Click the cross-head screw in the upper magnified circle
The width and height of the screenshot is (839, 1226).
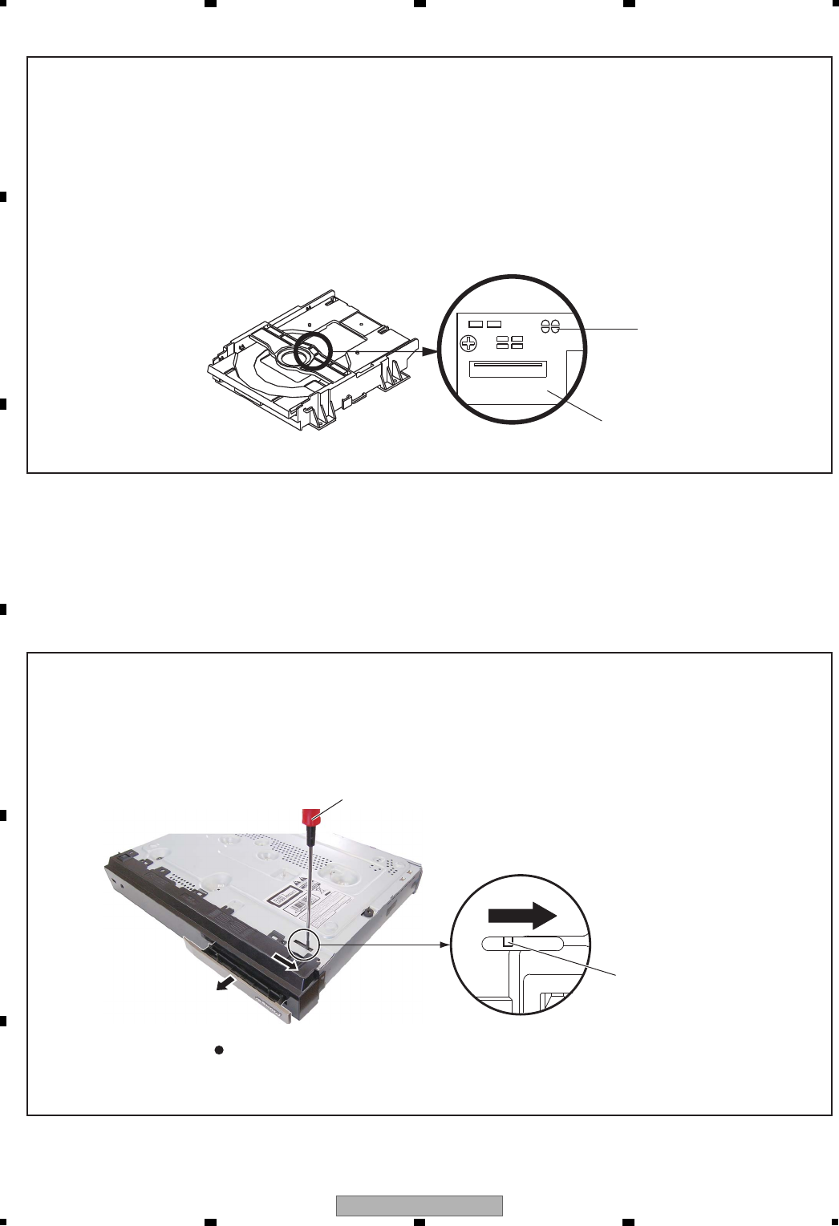click(x=468, y=342)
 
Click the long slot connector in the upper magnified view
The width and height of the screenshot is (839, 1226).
click(x=508, y=369)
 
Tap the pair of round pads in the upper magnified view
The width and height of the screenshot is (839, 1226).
click(x=549, y=327)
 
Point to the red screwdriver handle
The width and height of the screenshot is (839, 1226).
click(x=311, y=817)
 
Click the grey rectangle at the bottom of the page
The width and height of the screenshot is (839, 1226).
click(x=419, y=1206)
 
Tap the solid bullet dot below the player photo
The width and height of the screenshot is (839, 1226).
click(x=217, y=1050)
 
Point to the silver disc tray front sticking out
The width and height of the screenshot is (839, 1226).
click(x=233, y=982)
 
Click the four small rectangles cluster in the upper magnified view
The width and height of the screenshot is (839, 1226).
click(x=509, y=342)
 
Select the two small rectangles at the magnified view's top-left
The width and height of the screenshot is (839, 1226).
click(x=484, y=324)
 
